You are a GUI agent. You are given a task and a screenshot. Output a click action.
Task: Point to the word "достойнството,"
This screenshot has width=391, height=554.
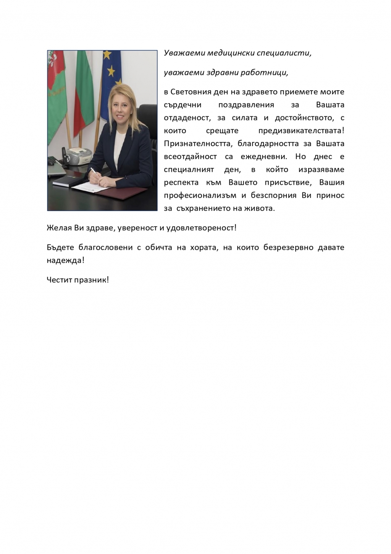[x=304, y=118]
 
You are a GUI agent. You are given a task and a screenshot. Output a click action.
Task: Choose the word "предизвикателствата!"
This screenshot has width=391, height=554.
[x=301, y=131]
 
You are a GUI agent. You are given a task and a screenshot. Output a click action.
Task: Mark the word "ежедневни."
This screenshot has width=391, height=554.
[x=263, y=157]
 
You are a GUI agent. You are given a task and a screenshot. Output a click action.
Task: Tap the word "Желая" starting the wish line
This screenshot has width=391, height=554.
[x=57, y=228]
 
